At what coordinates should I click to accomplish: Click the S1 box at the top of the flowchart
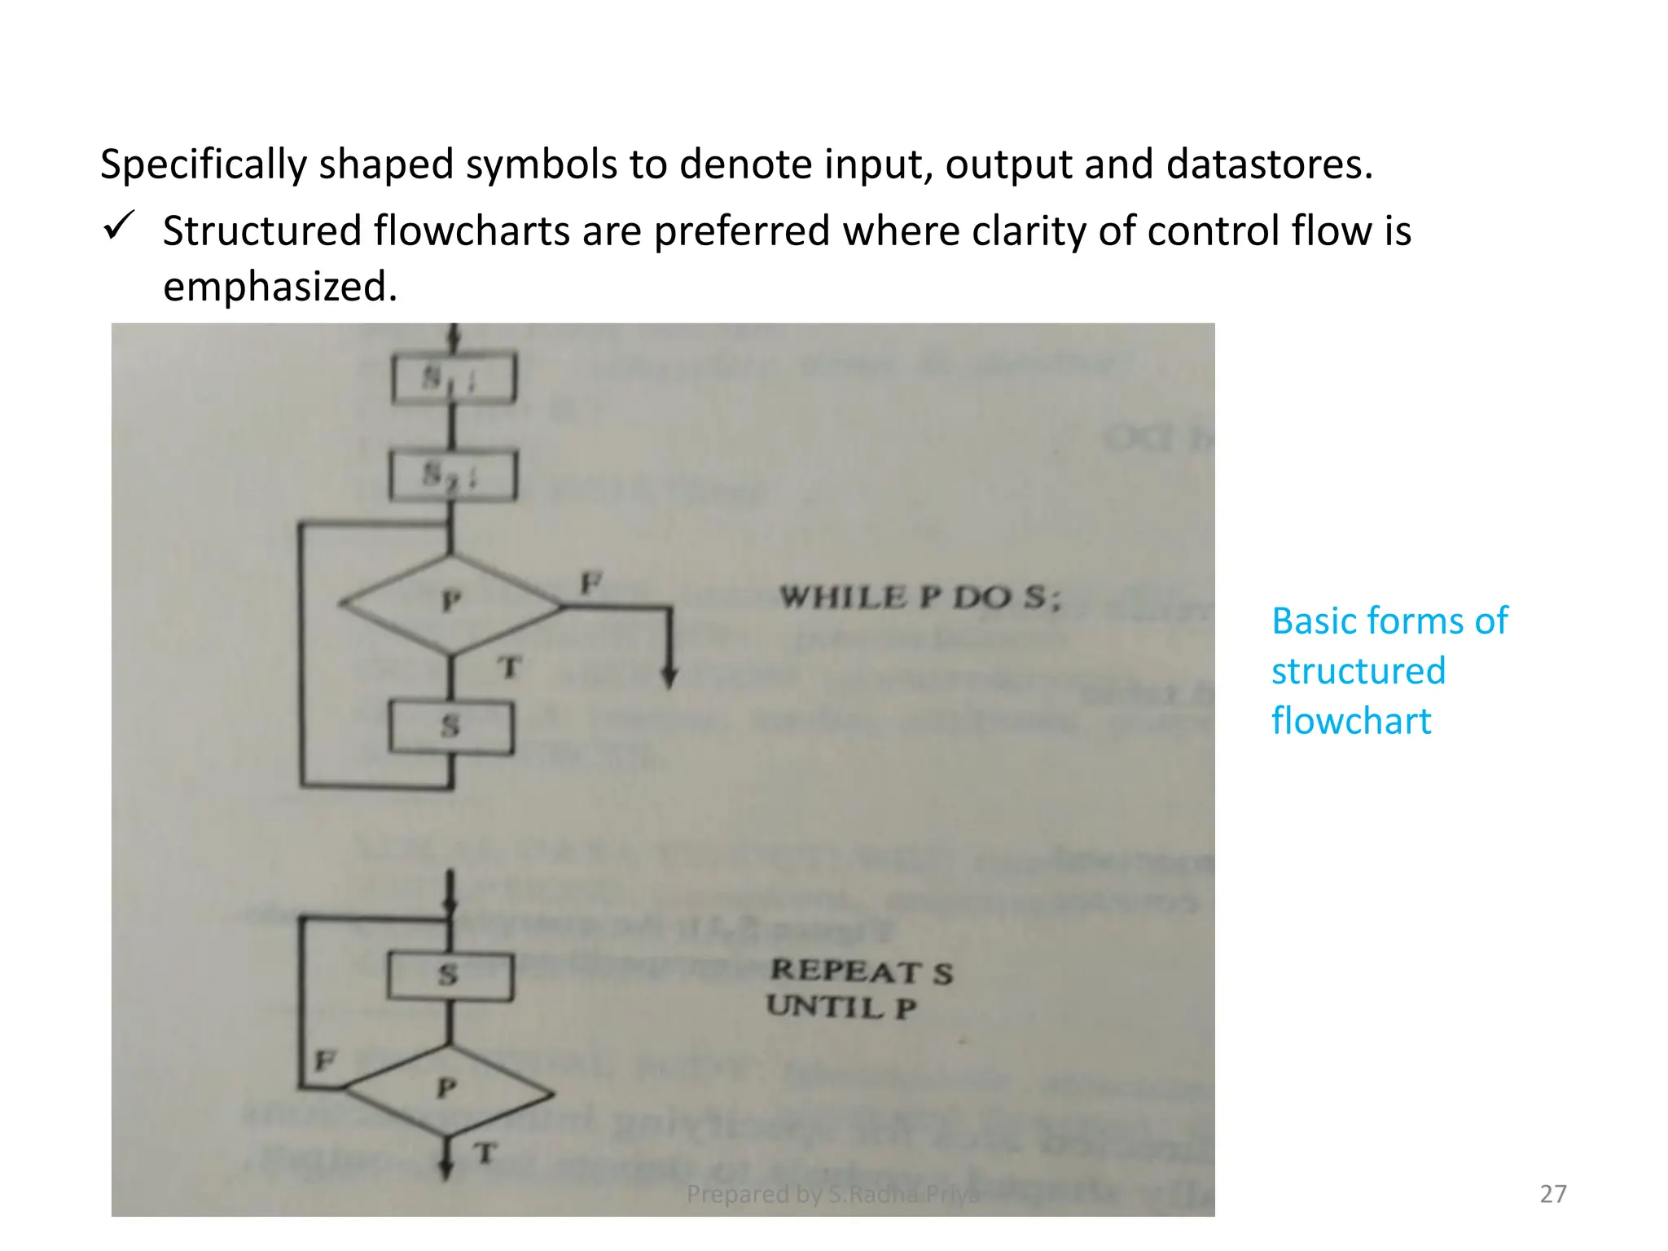[x=453, y=379]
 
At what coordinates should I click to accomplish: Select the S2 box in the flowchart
[x=453, y=476]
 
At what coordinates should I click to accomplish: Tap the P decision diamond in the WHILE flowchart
[x=450, y=604]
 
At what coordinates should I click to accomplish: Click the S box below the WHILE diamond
[x=451, y=727]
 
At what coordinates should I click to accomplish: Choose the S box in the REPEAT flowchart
[x=450, y=976]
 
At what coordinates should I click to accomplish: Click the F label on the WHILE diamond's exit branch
[x=590, y=583]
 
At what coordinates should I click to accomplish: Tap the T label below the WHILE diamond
[x=509, y=668]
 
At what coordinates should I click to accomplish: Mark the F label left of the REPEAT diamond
[x=324, y=1060]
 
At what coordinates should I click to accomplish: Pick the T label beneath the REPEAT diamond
[x=485, y=1153]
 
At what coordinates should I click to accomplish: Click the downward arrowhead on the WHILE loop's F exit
[x=669, y=678]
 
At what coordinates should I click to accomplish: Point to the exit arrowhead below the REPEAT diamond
[x=446, y=1170]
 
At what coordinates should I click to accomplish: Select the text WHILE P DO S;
[x=920, y=598]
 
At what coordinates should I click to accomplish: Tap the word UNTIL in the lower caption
[x=824, y=1007]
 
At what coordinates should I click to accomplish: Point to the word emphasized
[x=280, y=287]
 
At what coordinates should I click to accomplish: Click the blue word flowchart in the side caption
[x=1351, y=722]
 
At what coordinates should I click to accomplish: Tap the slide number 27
[x=1552, y=1194]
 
